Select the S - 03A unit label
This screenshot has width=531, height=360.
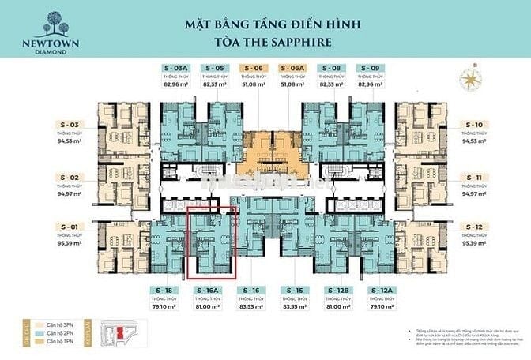(175, 69)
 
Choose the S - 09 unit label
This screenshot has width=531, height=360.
(370, 69)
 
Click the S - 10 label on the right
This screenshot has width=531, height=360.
(474, 125)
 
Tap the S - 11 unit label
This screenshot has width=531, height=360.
(474, 178)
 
